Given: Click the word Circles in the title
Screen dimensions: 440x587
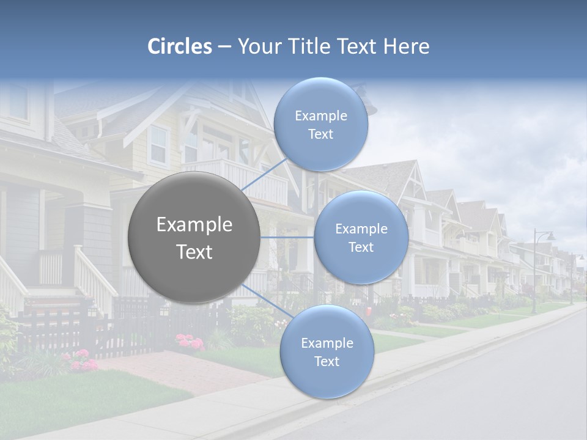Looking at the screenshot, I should click(x=180, y=46).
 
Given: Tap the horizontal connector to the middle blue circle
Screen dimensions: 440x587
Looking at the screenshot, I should click(x=287, y=237).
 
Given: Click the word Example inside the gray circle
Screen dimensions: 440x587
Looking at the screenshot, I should click(x=194, y=225).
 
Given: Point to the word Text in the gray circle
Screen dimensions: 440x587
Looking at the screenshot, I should click(x=194, y=252).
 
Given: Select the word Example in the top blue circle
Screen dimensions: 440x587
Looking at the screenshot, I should click(x=320, y=116).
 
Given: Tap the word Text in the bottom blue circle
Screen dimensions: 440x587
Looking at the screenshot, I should click(x=327, y=361).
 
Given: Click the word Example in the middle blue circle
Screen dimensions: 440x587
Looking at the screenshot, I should click(x=361, y=229).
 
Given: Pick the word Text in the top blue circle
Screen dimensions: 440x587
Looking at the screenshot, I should click(x=320, y=134).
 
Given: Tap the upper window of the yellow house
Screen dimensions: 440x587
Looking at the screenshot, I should click(x=158, y=147).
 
